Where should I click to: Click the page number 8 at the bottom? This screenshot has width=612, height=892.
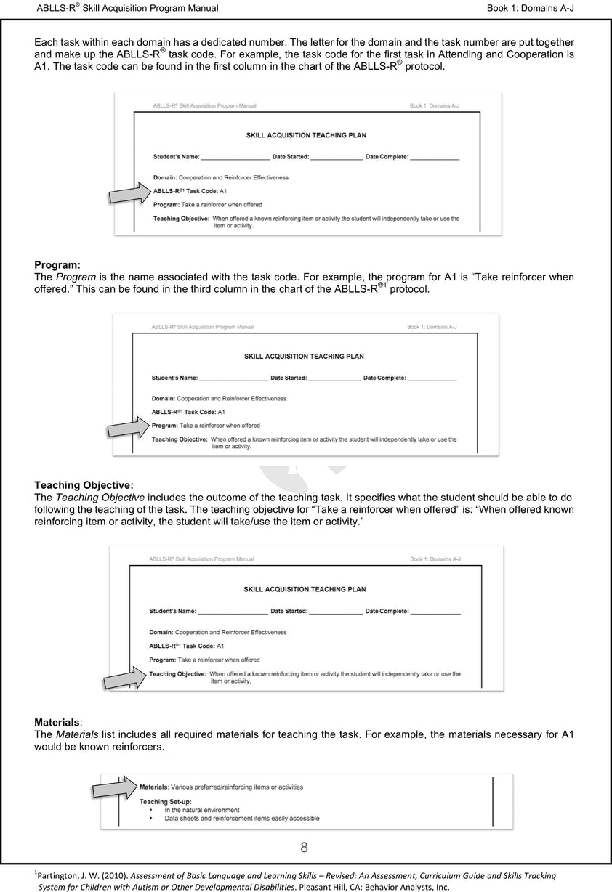(304, 848)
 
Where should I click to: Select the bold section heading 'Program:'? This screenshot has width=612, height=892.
(57, 265)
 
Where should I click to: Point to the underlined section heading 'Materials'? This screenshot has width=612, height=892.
(57, 723)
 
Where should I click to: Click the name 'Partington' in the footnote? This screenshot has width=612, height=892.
(60, 876)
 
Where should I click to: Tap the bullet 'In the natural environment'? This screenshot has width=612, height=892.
(201, 810)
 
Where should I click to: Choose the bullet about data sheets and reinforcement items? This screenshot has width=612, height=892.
(241, 819)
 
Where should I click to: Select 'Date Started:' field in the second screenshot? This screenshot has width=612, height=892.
(289, 378)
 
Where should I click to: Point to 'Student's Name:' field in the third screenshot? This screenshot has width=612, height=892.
(172, 612)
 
